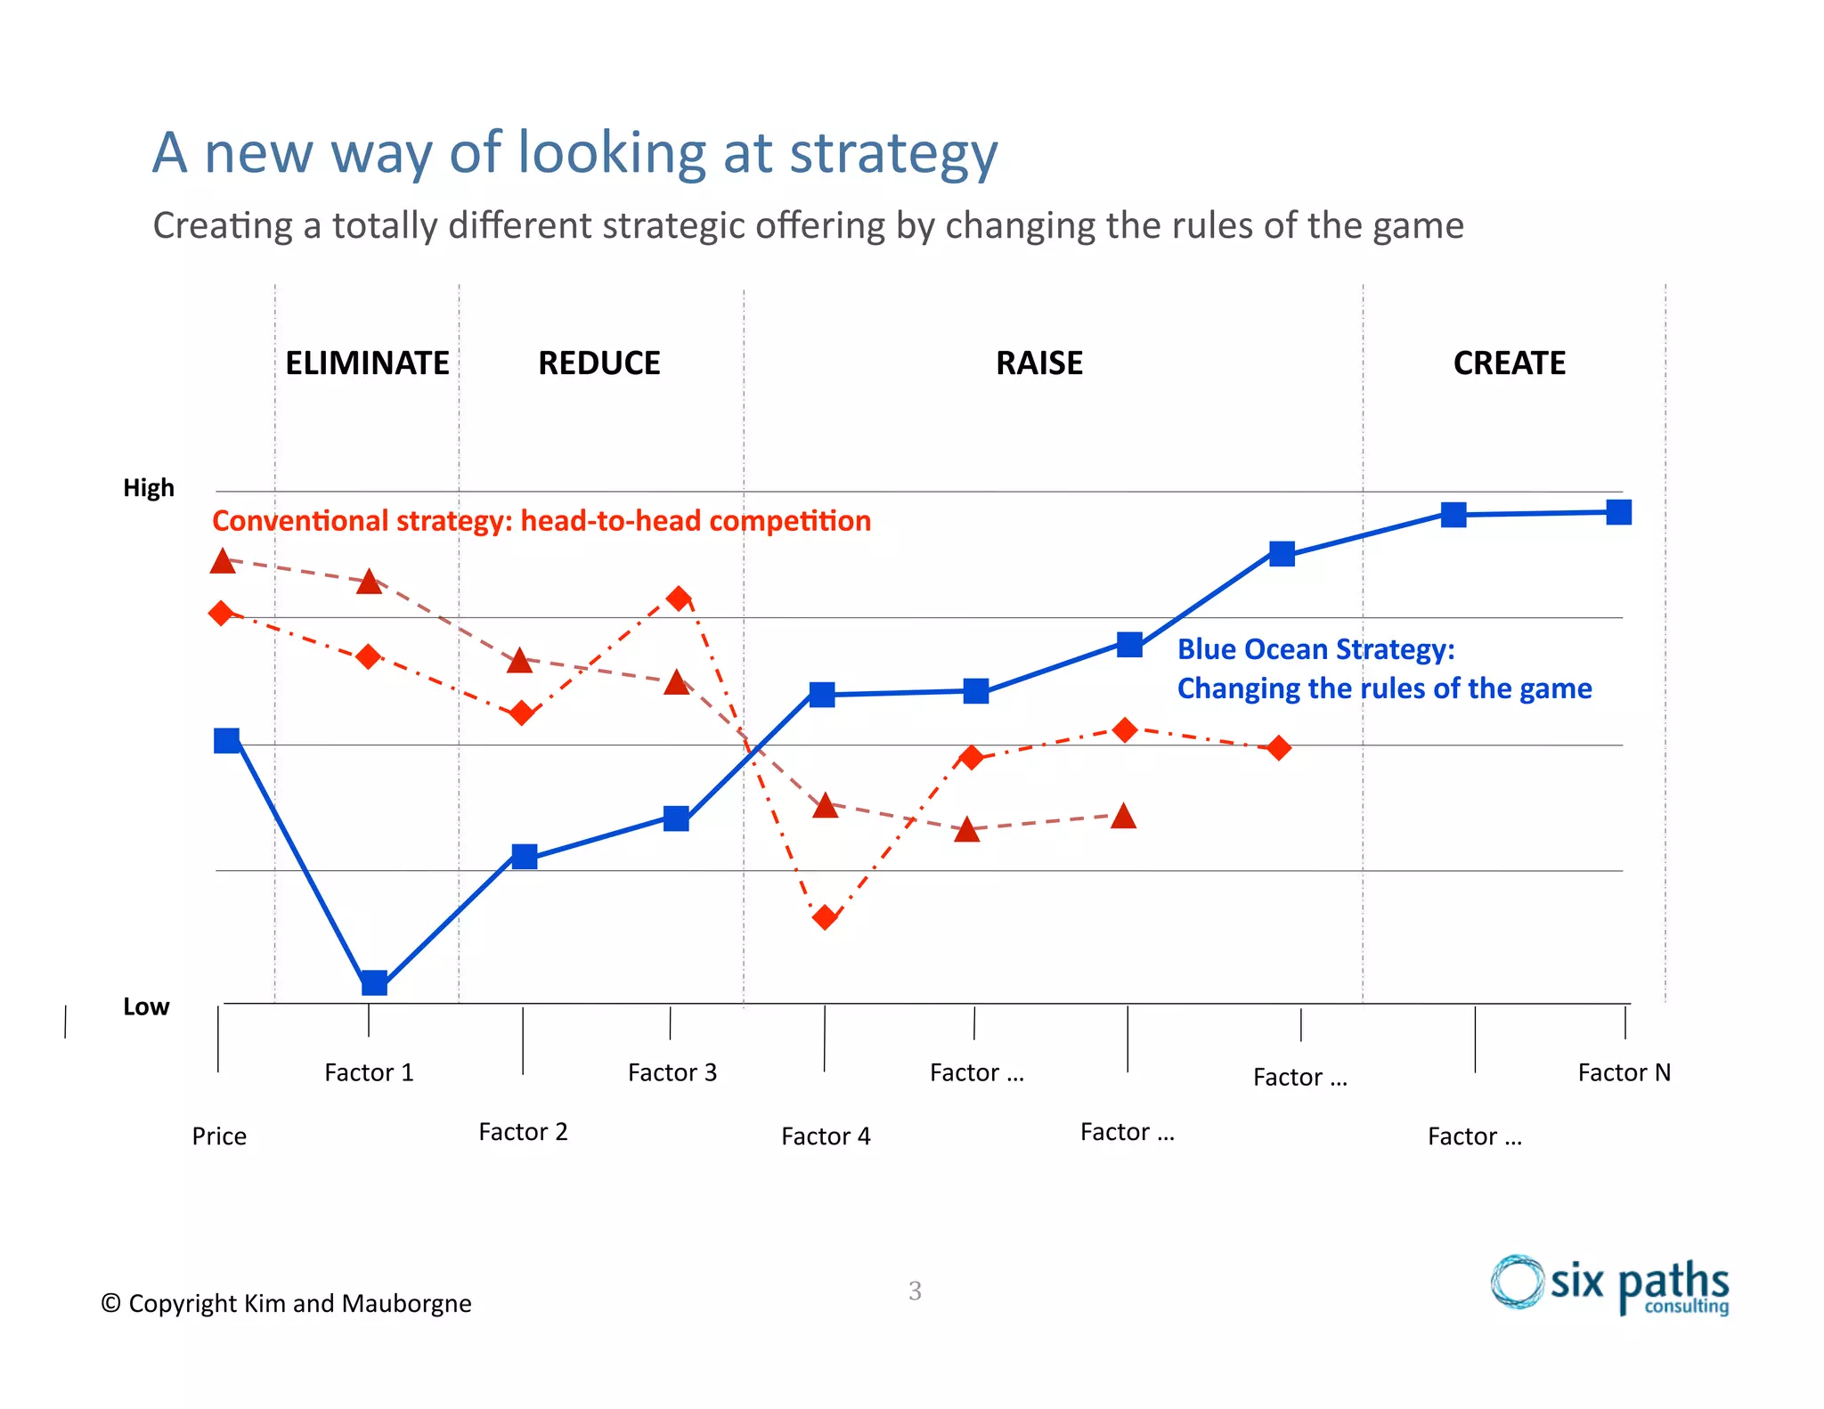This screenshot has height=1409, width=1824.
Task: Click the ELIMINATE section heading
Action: pos(367,363)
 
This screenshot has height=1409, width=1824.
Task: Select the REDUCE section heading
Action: pos(598,363)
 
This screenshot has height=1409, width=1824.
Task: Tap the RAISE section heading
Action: pos(1038,363)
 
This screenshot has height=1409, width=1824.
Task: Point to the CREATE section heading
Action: pos(1509,363)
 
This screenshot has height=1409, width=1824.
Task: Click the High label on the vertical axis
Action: pos(149,488)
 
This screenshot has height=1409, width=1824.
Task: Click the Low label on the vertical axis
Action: pos(146,1006)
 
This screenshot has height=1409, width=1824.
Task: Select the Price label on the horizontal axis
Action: pos(219,1136)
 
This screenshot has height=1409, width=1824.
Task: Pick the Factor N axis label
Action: pos(1624,1072)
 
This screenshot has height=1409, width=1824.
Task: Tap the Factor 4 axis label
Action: pos(826,1136)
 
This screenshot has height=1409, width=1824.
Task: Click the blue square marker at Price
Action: pos(227,740)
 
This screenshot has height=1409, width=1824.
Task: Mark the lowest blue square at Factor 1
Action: pos(374,982)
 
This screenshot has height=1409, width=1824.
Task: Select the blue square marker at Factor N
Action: pos(1618,512)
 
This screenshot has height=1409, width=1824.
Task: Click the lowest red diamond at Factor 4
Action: pos(826,916)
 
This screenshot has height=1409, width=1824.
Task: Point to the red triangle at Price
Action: pos(223,561)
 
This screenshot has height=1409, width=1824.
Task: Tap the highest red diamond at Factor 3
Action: pos(680,598)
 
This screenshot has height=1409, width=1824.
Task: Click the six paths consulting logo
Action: pos(1609,1284)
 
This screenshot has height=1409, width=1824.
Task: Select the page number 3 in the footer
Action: pos(915,1291)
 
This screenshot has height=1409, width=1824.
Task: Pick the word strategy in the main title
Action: pos(893,153)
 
